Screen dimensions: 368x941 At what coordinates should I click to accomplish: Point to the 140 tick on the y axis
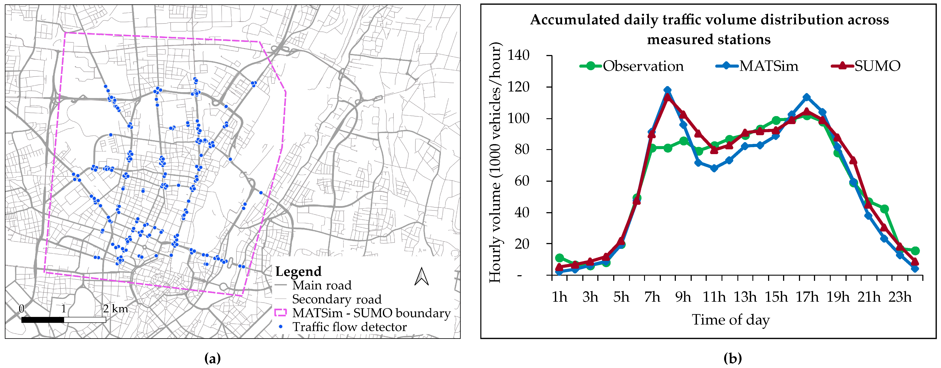pos(519,55)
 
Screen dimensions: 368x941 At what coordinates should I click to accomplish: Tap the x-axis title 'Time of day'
pos(731,320)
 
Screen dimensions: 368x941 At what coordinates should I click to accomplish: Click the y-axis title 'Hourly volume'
pos(495,162)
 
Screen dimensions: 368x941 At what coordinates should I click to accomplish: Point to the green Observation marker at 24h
pos(915,251)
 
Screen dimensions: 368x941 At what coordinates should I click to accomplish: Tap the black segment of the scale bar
pos(43,320)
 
